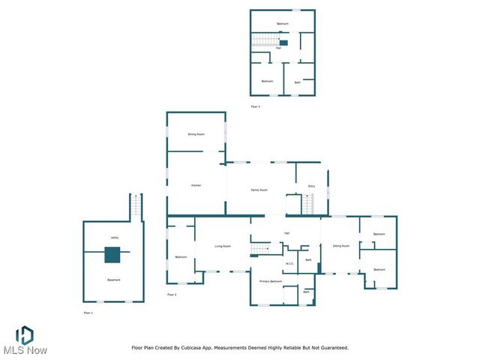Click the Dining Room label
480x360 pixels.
click(x=196, y=134)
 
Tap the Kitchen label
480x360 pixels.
click(x=196, y=185)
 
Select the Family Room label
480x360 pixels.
click(x=259, y=190)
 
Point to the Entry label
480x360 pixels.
click(x=311, y=186)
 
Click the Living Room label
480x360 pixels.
click(x=223, y=246)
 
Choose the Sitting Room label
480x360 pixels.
click(x=341, y=246)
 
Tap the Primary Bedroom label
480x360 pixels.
click(x=271, y=280)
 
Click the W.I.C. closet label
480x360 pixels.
click(x=290, y=263)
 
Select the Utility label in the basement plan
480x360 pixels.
click(x=115, y=238)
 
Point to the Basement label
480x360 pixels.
click(x=114, y=280)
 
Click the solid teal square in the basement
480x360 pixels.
click(x=112, y=255)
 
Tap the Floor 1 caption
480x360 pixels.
click(x=88, y=312)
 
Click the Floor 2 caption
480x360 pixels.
click(x=172, y=295)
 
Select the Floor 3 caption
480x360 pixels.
click(x=255, y=106)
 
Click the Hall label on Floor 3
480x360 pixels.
click(x=279, y=48)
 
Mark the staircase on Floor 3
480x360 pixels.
click(x=263, y=40)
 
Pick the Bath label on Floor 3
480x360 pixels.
click(x=298, y=82)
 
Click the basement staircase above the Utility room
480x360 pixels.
click(x=136, y=207)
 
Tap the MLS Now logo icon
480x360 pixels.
click(x=24, y=334)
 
